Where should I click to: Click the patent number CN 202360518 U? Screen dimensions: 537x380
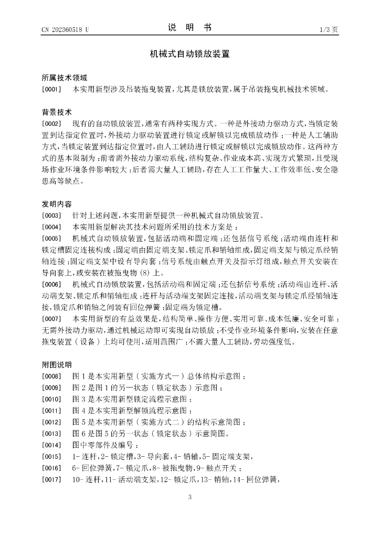65,29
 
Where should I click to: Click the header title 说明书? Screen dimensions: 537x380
189,28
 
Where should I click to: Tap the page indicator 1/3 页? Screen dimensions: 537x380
328,29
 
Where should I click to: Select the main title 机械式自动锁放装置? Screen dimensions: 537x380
189,53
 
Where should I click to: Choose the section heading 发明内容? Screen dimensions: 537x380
57,203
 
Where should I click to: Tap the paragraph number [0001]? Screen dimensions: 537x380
52,90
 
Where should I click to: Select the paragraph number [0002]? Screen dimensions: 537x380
52,124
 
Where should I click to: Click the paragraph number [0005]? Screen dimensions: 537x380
52,238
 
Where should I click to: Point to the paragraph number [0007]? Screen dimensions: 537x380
52,319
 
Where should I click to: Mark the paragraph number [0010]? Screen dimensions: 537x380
52,399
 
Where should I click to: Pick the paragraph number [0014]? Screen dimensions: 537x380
52,445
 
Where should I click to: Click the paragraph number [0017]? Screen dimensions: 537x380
52,479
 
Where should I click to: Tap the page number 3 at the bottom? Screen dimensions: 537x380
190,497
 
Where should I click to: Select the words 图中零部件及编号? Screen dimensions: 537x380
105,445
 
